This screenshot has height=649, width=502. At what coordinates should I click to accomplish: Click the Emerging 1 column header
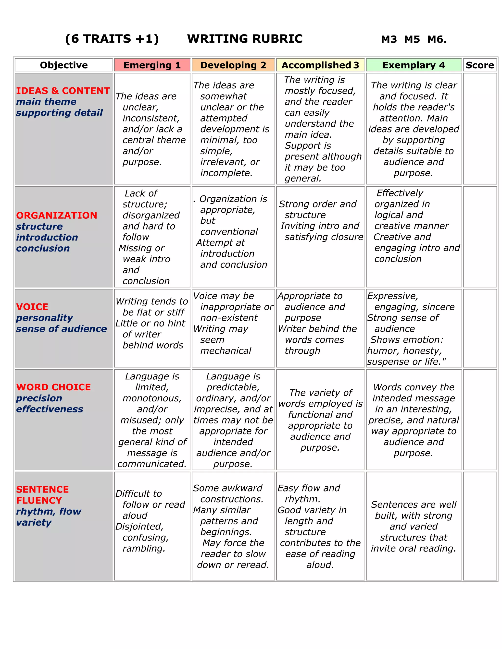click(x=152, y=65)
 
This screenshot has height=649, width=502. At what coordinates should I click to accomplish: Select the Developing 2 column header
click(x=233, y=65)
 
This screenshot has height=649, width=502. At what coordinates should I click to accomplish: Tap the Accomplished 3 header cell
click(x=320, y=65)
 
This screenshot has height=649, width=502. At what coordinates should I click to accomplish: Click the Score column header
click(x=479, y=65)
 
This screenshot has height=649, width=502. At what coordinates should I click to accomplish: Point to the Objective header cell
click(x=64, y=65)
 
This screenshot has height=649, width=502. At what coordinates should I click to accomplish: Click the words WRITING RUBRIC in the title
click(x=245, y=39)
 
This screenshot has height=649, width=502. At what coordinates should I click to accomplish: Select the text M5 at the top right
click(x=412, y=39)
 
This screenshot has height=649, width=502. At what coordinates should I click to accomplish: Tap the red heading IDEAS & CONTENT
click(x=63, y=91)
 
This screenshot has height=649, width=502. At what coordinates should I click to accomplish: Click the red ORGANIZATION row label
click(x=57, y=216)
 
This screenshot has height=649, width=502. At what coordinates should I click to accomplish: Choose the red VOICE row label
click(x=32, y=307)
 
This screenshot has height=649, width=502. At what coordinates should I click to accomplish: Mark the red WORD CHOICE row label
click(x=53, y=387)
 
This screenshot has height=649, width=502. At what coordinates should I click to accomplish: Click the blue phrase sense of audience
click(x=61, y=329)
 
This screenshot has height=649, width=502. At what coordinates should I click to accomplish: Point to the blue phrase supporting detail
click(x=59, y=113)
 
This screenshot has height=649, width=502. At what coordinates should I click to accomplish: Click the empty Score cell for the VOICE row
click(x=479, y=328)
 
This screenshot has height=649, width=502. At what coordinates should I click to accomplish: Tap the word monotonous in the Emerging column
click(x=152, y=398)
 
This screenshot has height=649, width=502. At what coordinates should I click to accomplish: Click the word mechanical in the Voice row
click(x=226, y=351)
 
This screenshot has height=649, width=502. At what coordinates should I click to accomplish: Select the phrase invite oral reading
click(x=413, y=548)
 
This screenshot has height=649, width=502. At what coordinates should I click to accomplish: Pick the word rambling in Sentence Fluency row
click(x=144, y=548)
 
